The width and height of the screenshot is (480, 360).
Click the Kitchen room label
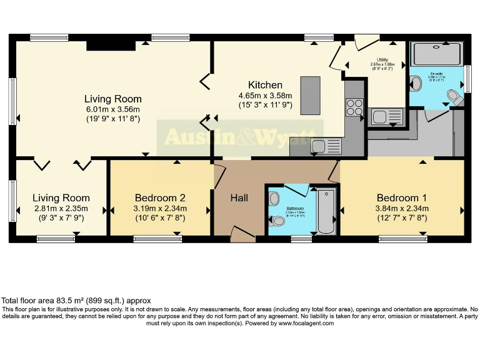[x=265, y=85]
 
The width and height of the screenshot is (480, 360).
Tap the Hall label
[x=239, y=198]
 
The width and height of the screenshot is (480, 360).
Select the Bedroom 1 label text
[x=402, y=198]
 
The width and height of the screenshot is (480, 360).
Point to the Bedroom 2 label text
[x=160, y=198]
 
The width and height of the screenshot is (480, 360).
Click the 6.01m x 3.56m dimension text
[x=113, y=109]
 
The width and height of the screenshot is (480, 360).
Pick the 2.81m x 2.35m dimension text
[x=61, y=209]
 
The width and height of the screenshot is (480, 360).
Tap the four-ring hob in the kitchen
[x=354, y=108]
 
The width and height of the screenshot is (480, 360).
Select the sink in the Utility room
[x=379, y=116]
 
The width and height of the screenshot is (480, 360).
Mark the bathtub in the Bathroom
[x=327, y=210]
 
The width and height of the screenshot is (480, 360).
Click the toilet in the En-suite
[x=455, y=97]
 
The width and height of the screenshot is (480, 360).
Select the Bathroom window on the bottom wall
[x=302, y=238]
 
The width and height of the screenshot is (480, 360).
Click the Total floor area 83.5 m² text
[x=76, y=301]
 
